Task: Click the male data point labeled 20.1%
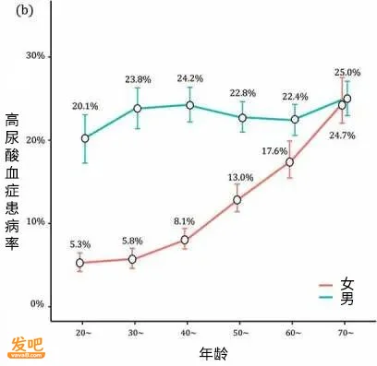[85, 138]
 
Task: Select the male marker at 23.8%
[138, 109]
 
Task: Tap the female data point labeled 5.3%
[79, 263]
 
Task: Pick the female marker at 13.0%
[237, 200]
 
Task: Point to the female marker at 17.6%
[289, 162]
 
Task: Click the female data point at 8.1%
[185, 240]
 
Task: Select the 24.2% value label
[189, 78]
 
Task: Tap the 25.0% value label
[347, 73]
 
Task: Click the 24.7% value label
[342, 136]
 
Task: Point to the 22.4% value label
[295, 97]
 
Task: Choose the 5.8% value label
[132, 242]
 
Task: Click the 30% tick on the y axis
[35, 56]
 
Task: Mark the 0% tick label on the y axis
[37, 304]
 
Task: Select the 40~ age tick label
[187, 333]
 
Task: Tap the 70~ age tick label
[346, 333]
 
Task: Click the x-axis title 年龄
[213, 353]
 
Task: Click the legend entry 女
[336, 285]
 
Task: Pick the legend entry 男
[336, 298]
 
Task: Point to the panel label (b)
[24, 11]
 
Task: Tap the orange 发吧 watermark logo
[27, 348]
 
